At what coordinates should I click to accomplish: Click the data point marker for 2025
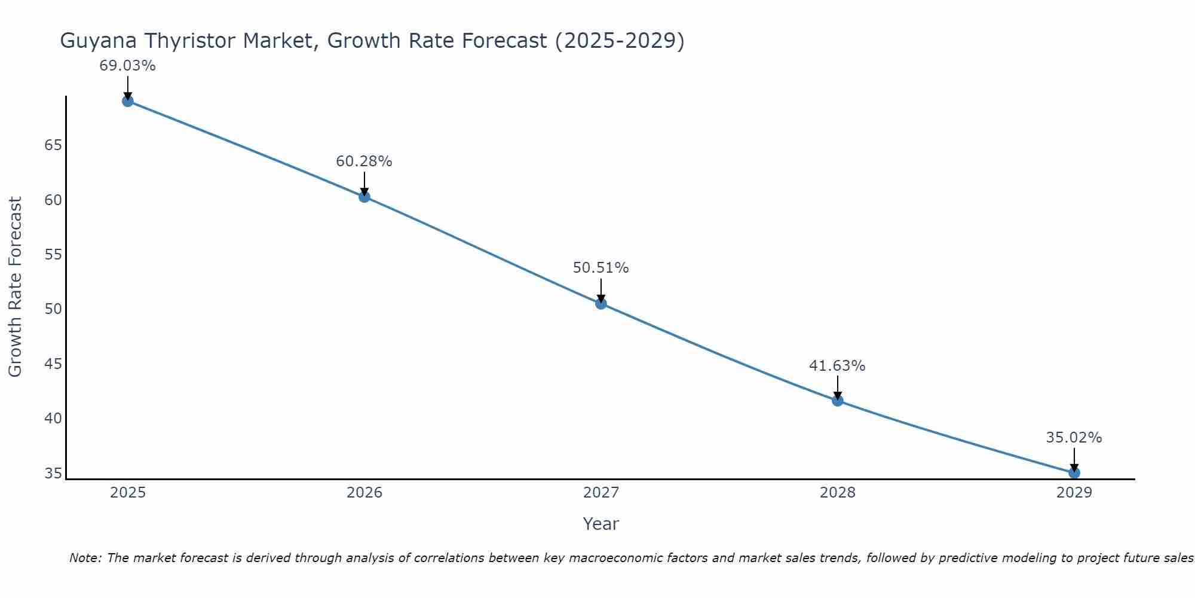click(128, 101)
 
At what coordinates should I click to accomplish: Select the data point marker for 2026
click(364, 197)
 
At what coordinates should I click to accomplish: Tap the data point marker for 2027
click(601, 304)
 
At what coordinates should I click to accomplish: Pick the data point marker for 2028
click(838, 401)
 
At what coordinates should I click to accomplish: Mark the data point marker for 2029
click(1074, 473)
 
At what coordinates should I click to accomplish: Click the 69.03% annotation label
click(127, 66)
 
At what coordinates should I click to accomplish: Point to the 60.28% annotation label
click(364, 161)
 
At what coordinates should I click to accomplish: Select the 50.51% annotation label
click(600, 268)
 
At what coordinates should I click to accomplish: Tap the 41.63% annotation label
click(837, 366)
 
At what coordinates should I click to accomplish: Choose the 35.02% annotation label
click(1074, 438)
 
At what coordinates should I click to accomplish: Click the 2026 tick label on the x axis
click(364, 493)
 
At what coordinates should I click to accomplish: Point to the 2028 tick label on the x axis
click(838, 493)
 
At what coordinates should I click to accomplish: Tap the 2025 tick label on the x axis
click(128, 493)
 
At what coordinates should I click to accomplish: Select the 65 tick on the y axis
click(53, 145)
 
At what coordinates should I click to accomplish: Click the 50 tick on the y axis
click(53, 309)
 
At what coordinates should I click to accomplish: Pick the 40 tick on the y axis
click(53, 418)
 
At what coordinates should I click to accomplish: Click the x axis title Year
click(600, 524)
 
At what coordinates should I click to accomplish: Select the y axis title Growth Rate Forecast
click(16, 286)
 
